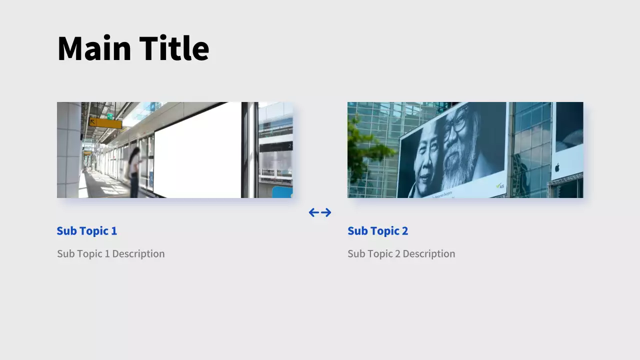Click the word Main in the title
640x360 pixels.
tap(94, 47)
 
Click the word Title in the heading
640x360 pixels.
tap(174, 47)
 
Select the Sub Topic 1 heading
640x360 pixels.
tap(87, 231)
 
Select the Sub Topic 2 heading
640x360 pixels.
tap(377, 231)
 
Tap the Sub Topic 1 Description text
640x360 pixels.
tap(111, 253)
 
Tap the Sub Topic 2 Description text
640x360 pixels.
tap(401, 253)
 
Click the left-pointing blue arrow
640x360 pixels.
tap(314, 212)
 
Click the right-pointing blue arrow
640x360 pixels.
tap(326, 212)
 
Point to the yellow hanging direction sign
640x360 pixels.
tap(105, 123)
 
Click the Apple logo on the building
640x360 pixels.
tap(557, 167)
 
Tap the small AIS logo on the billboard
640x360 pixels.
tap(500, 186)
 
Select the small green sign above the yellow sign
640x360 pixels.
tap(110, 116)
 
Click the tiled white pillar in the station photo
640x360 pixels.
tap(69, 150)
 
